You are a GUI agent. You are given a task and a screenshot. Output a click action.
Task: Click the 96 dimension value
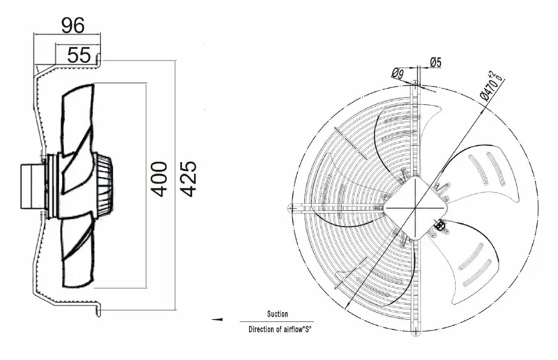point(73,25)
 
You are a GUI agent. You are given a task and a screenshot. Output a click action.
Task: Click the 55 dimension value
point(79,55)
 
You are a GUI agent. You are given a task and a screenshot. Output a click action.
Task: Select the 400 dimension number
point(158,179)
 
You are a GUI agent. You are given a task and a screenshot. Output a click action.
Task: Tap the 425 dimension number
point(188,179)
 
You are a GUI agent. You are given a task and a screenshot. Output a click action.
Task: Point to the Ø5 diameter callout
point(435,63)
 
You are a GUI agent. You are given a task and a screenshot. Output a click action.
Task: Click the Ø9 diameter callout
point(398,73)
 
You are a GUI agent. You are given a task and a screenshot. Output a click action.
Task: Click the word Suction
point(278,314)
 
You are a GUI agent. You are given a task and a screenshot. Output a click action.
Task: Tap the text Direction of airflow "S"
point(280,329)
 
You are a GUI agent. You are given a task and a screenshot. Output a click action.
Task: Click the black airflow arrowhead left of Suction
point(217,320)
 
